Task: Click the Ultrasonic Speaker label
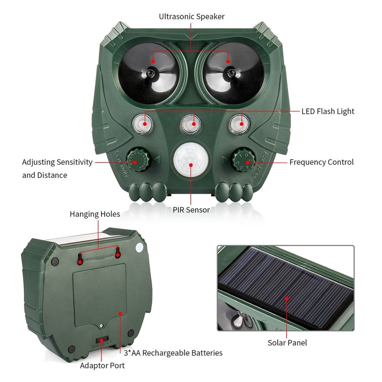(192, 16)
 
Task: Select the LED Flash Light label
(328, 111)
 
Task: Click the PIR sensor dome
(190, 160)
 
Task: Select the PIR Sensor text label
(191, 210)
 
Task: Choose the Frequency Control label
(321, 162)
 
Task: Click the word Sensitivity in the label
(74, 162)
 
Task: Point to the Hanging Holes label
(95, 214)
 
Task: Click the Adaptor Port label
(102, 366)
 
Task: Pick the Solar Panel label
(287, 342)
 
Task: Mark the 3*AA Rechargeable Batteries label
(173, 353)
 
